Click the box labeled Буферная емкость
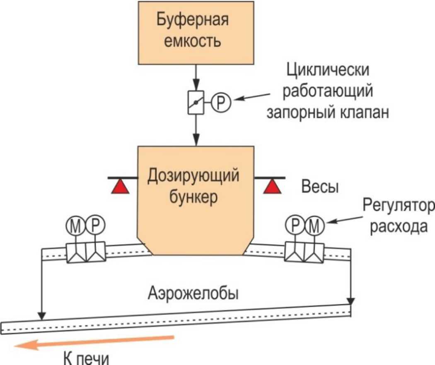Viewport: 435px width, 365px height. coord(196,33)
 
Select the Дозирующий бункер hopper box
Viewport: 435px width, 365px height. coord(196,201)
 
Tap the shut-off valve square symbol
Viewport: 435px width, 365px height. coord(196,103)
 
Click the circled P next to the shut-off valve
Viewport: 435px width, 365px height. coord(221,103)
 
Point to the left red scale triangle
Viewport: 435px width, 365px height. coord(120,186)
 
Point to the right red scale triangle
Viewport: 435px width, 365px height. coord(273,186)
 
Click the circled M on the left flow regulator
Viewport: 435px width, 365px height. coord(75,226)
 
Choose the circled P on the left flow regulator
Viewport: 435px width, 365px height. coord(95,226)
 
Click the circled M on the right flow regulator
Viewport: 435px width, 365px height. coord(314,226)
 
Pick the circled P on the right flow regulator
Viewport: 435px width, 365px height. coord(295,226)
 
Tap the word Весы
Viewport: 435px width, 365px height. coord(320,186)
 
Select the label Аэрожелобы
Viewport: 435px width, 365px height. coord(193,293)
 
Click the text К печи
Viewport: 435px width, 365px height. coord(86,358)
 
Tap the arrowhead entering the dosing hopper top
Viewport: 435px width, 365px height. coord(196,140)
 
